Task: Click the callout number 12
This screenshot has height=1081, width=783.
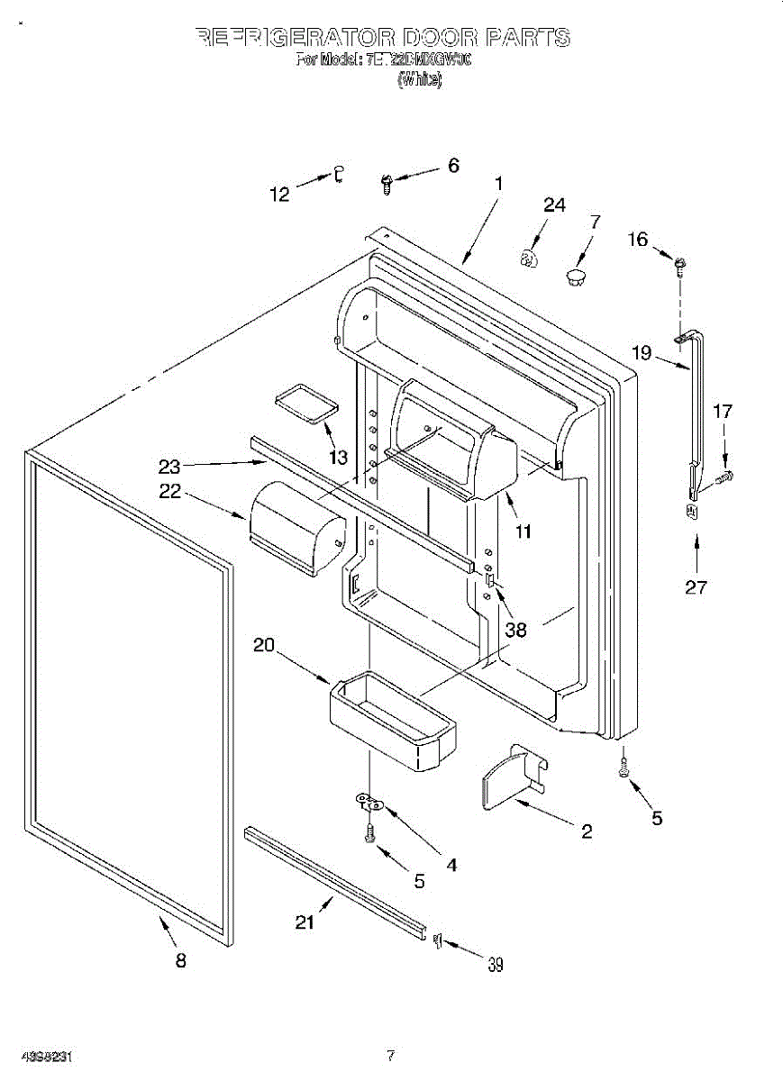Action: coord(281,194)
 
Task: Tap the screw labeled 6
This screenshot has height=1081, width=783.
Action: coord(386,184)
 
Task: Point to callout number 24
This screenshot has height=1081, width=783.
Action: coord(554,205)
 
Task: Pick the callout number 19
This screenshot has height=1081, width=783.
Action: coord(642,352)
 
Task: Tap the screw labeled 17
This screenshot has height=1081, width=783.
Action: coord(724,476)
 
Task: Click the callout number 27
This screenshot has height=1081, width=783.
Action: coord(696,587)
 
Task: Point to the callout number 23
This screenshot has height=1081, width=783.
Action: coord(169,467)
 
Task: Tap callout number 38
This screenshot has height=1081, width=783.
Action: coord(515,631)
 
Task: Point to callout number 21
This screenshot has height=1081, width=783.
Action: coord(306,922)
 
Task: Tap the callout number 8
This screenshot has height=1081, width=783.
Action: coord(180,961)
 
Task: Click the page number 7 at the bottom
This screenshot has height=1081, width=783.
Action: coord(390,1055)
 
